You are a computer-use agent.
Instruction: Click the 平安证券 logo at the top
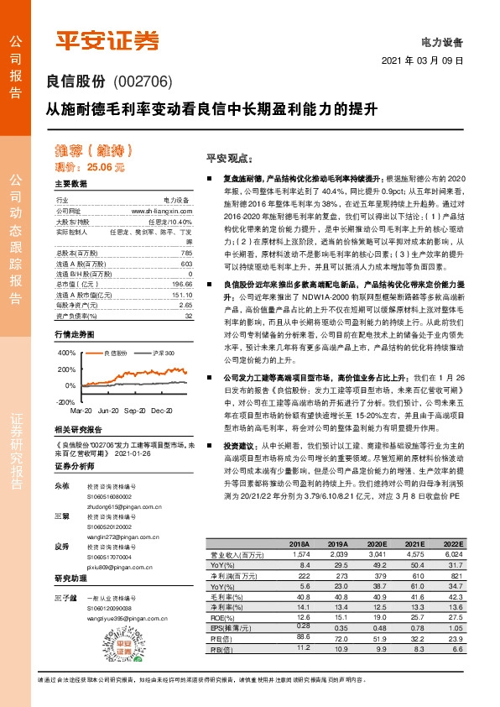[107, 39]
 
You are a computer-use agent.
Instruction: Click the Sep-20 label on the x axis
[136, 411]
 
